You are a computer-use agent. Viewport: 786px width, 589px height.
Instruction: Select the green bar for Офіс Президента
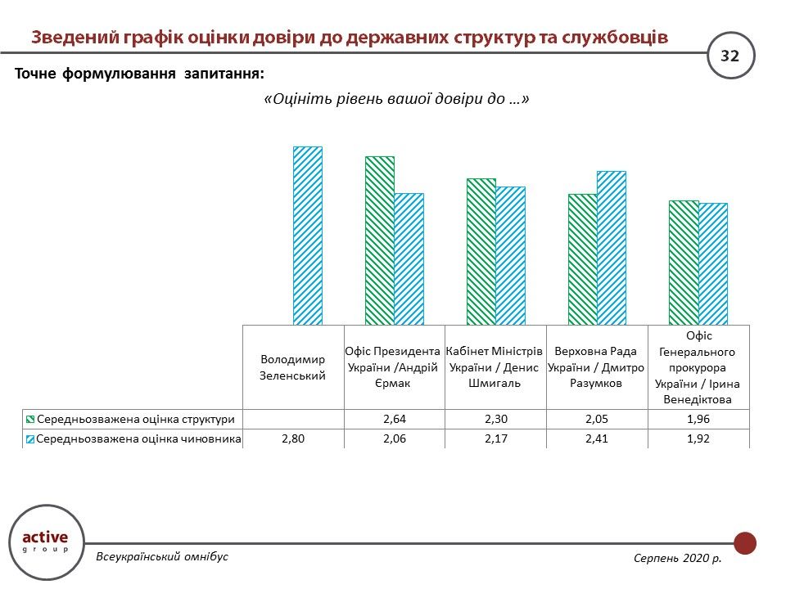pyautogui.click(x=380, y=241)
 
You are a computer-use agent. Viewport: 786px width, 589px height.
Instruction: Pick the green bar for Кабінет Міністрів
pyautogui.click(x=481, y=251)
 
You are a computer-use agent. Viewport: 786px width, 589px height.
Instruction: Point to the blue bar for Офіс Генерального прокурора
pyautogui.click(x=712, y=263)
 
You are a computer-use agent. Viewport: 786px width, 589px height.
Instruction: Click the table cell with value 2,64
pyautogui.click(x=395, y=419)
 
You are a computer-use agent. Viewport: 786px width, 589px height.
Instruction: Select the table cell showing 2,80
pyautogui.click(x=293, y=439)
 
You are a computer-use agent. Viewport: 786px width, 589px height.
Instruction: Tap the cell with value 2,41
pyautogui.click(x=597, y=439)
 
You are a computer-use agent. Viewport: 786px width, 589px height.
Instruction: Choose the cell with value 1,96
pyautogui.click(x=698, y=419)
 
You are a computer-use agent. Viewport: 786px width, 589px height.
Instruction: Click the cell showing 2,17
pyautogui.click(x=495, y=439)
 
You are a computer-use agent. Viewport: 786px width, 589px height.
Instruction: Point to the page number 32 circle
pyautogui.click(x=730, y=56)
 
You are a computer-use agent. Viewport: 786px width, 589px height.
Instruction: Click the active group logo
pyautogui.click(x=45, y=541)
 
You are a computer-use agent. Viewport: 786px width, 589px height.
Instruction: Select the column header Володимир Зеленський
pyautogui.click(x=293, y=367)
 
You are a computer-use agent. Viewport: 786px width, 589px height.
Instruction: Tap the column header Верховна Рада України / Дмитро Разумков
pyautogui.click(x=597, y=367)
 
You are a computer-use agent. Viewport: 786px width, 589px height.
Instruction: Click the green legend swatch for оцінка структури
pyautogui.click(x=30, y=419)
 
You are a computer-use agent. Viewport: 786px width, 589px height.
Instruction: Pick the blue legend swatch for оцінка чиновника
pyautogui.click(x=30, y=439)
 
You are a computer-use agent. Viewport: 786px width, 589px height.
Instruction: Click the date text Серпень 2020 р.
pyautogui.click(x=677, y=557)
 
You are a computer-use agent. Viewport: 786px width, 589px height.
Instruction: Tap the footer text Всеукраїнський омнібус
pyautogui.click(x=162, y=556)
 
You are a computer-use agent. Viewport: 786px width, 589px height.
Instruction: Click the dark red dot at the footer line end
pyautogui.click(x=745, y=543)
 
